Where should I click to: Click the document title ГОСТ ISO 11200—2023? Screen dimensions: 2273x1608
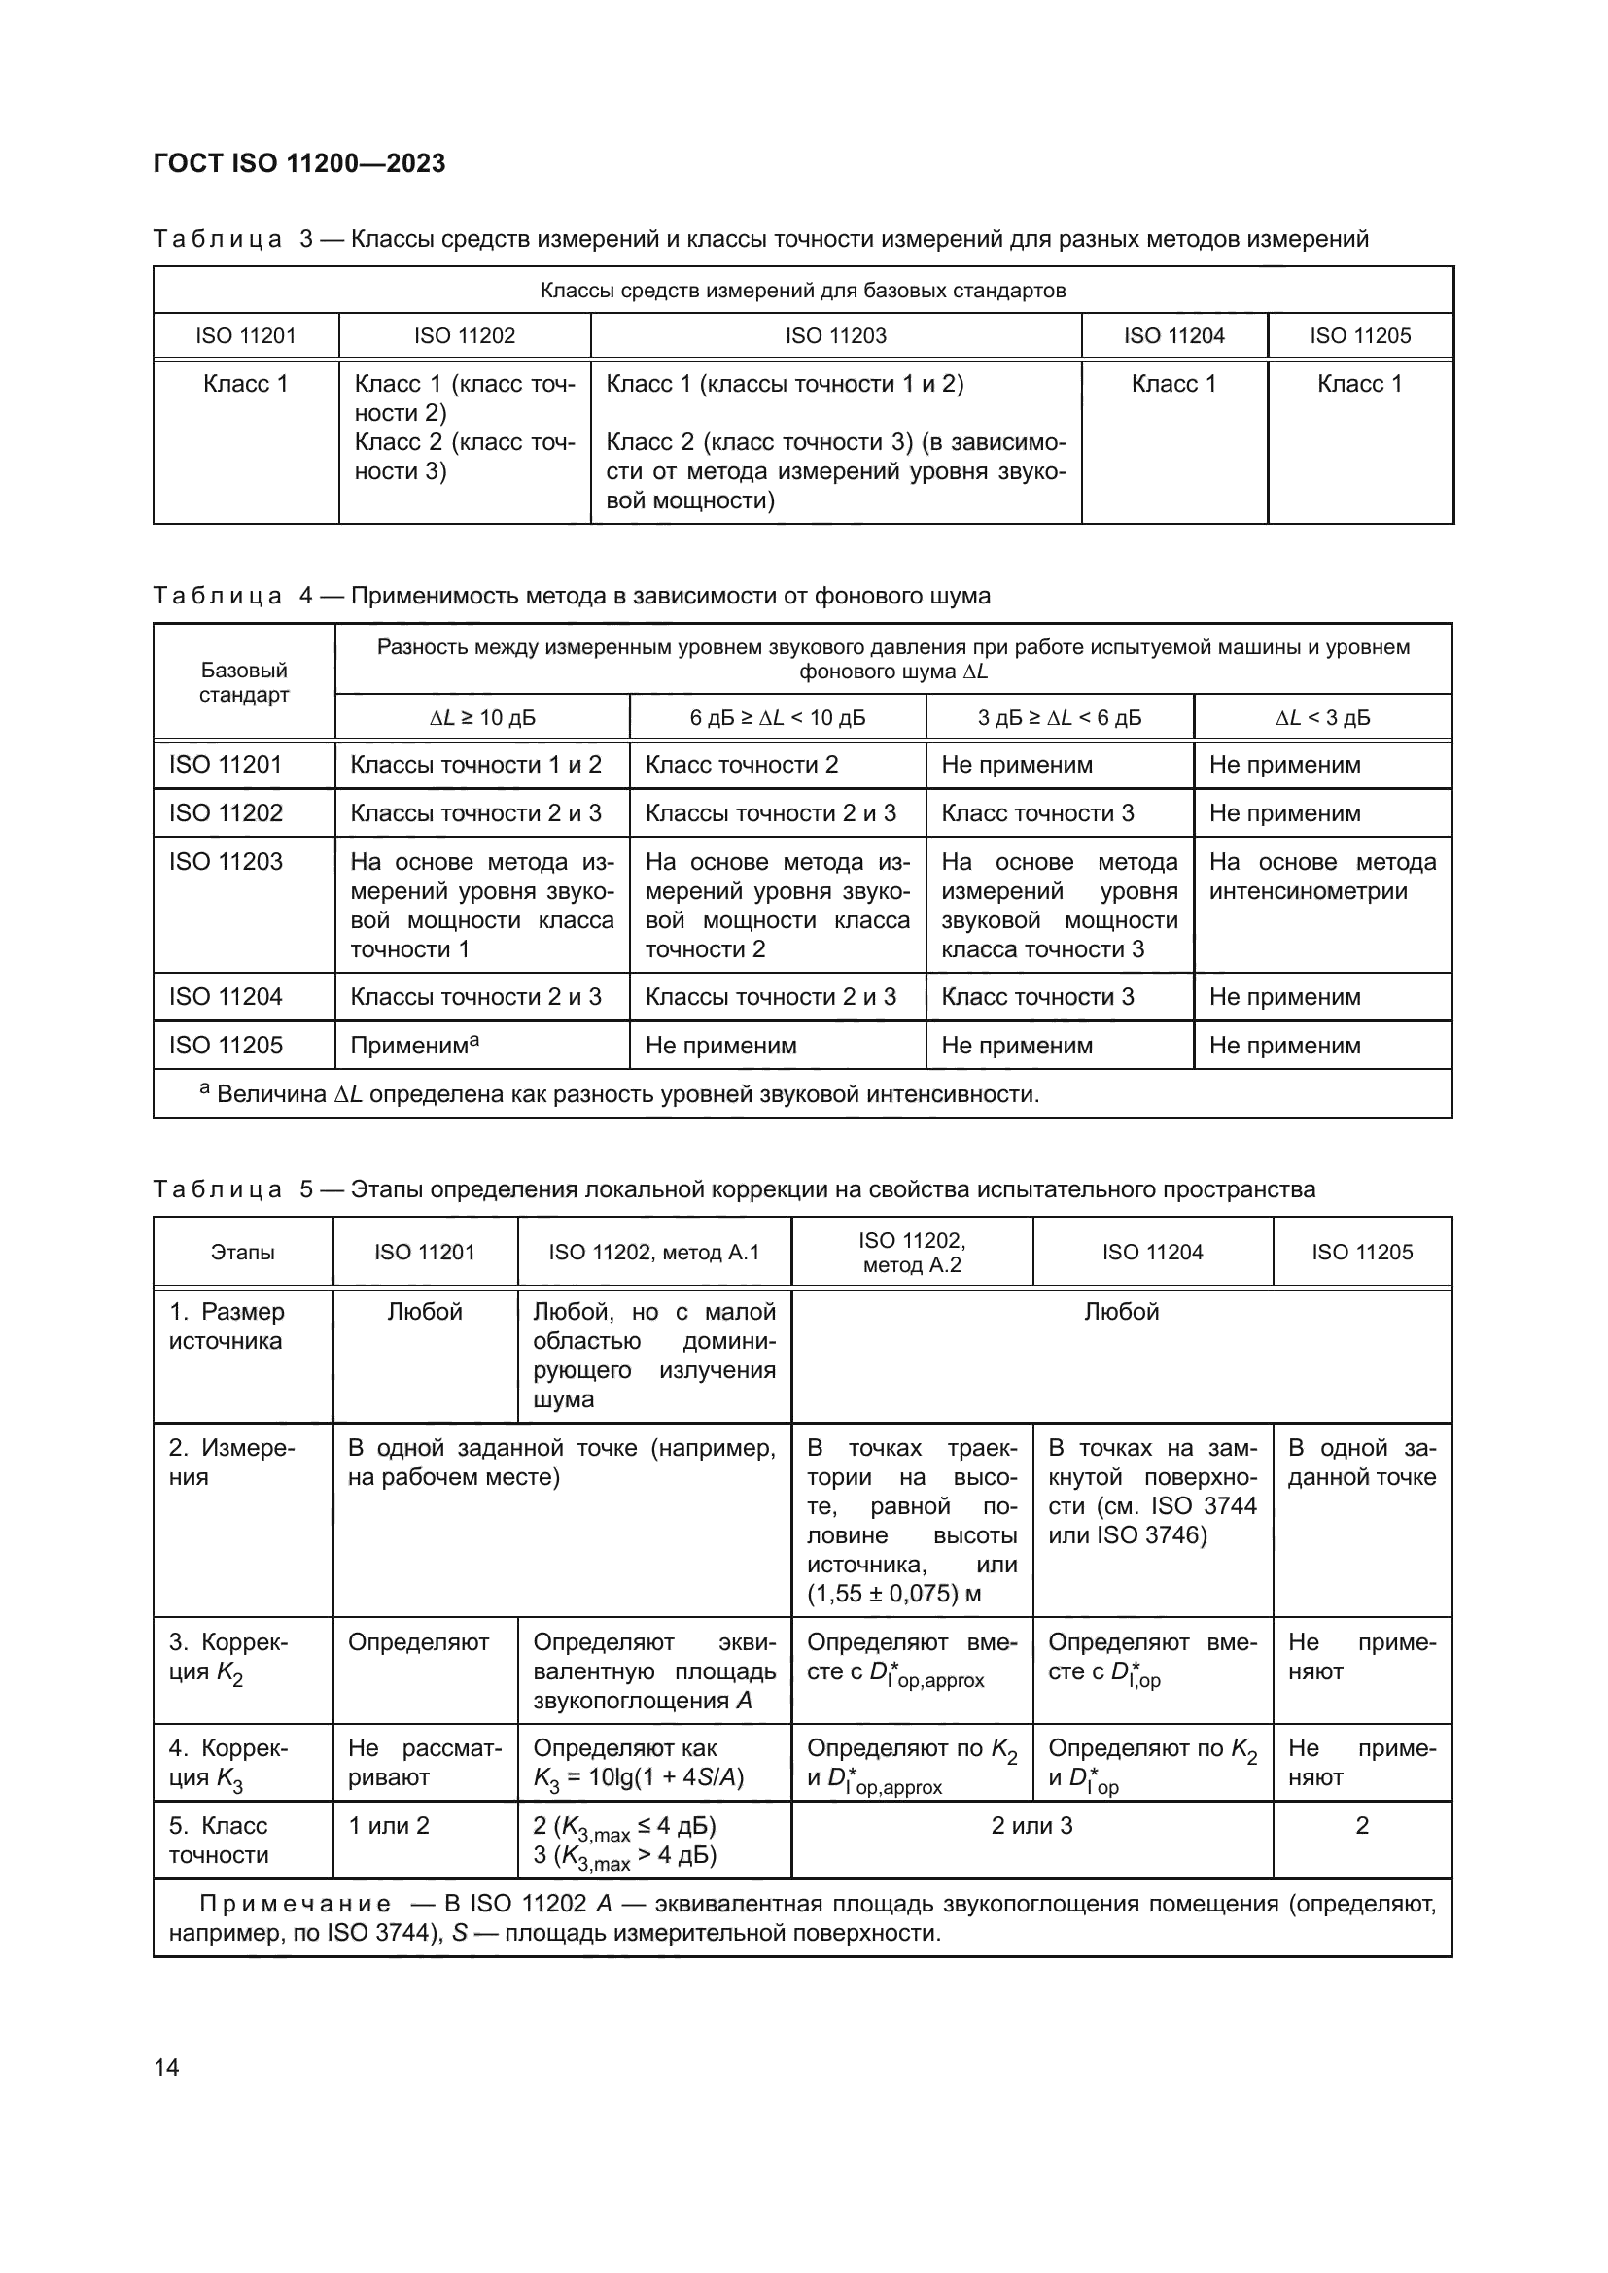point(299,163)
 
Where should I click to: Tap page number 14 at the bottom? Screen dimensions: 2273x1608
point(166,2067)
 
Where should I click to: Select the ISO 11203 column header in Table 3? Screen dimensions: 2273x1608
point(835,335)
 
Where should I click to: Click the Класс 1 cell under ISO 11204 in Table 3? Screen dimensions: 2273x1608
point(1173,384)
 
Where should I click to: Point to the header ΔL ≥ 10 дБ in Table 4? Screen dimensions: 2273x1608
point(482,718)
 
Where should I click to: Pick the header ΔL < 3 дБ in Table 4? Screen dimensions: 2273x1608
point(1322,718)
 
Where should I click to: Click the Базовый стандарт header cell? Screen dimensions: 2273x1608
point(244,682)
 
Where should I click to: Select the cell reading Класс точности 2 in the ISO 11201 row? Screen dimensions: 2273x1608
point(742,764)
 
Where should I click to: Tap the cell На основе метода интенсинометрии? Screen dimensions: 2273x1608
point(1322,877)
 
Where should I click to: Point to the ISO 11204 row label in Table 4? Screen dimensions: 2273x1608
point(226,997)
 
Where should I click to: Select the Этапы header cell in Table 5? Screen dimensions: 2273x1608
point(243,1253)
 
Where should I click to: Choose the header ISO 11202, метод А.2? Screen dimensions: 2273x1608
point(911,1253)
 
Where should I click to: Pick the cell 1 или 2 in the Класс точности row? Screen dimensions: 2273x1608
point(389,1826)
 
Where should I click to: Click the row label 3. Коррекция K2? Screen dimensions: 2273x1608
point(228,1657)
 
